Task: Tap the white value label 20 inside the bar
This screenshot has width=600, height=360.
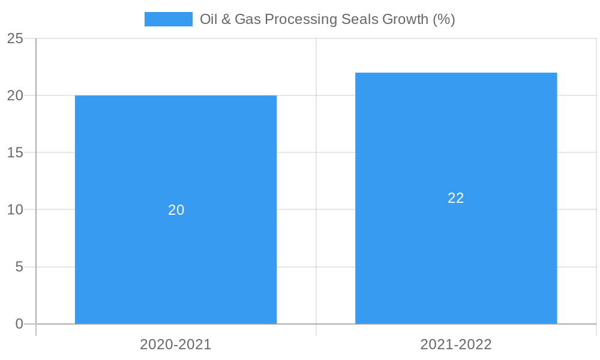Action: coord(176,210)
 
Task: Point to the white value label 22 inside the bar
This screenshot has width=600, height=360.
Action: coord(456,198)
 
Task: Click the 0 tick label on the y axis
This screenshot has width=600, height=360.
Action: coord(19,324)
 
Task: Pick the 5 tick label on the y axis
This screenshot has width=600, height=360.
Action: coord(19,266)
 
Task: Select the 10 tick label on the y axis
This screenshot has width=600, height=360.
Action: coord(15,209)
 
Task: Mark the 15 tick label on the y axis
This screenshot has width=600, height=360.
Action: coord(15,152)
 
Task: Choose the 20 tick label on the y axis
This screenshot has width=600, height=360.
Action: coord(15,95)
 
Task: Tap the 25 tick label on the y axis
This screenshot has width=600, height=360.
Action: coord(15,38)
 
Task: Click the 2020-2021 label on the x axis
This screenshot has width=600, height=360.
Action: coord(176,344)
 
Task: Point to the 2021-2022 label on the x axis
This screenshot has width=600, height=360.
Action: coord(456,344)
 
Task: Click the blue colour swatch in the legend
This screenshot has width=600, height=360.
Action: coord(168,19)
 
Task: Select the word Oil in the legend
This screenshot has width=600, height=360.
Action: coord(208,19)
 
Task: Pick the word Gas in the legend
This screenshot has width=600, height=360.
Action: coord(247,19)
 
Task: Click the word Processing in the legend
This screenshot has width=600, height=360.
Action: coord(301,20)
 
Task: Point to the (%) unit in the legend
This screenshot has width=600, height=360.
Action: coord(444,19)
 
